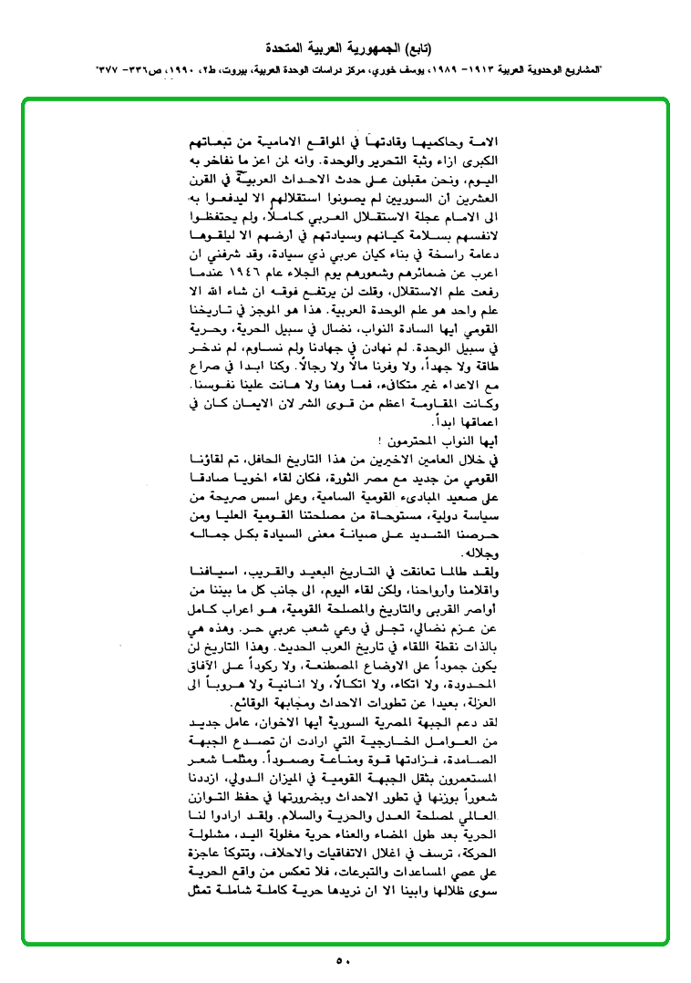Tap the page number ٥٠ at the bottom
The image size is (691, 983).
[x=344, y=959]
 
